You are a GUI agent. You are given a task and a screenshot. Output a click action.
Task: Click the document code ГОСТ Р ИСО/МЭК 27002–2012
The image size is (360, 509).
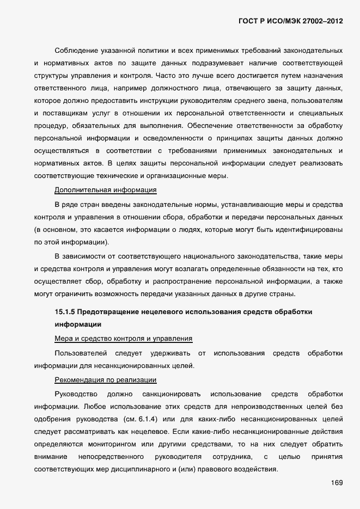[x=291, y=21]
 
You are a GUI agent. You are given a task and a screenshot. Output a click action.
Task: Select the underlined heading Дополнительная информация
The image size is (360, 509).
[x=106, y=190]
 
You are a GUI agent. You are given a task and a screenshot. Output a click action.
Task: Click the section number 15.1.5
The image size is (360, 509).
[x=64, y=312]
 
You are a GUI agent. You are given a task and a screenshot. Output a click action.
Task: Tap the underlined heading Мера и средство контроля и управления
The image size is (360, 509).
[x=124, y=338]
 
